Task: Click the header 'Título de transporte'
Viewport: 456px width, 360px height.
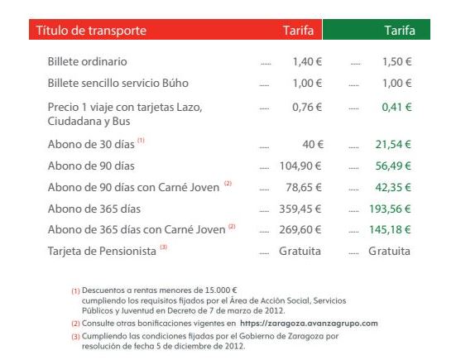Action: click(x=91, y=31)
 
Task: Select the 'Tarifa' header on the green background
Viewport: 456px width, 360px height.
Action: click(x=400, y=31)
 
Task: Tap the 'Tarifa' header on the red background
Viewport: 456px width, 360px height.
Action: click(x=299, y=31)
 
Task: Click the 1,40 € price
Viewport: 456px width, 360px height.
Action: click(x=307, y=61)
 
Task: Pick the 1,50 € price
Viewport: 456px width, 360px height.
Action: click(x=397, y=61)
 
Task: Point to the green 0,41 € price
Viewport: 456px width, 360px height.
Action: click(x=397, y=108)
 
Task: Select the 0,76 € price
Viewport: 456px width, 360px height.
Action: click(x=307, y=108)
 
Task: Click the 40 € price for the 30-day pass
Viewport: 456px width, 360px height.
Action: click(x=313, y=144)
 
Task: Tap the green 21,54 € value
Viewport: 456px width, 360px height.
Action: click(x=393, y=144)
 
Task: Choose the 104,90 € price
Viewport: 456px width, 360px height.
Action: click(x=300, y=166)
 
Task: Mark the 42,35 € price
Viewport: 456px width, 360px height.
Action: click(x=393, y=187)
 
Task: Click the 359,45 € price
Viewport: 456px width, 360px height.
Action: click(x=300, y=209)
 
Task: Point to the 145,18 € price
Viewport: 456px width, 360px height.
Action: click(x=390, y=230)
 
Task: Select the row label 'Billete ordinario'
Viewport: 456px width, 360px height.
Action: click(x=87, y=61)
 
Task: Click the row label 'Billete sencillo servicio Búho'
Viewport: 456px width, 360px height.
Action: click(x=118, y=83)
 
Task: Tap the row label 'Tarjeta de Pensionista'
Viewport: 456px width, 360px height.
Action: click(x=102, y=252)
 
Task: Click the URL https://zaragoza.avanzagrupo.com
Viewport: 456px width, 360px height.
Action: click(x=309, y=324)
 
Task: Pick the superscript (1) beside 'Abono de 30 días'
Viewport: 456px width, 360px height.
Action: click(x=141, y=140)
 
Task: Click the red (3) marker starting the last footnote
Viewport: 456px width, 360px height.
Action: click(x=75, y=337)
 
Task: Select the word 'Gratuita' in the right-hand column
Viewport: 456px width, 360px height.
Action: click(x=390, y=251)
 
